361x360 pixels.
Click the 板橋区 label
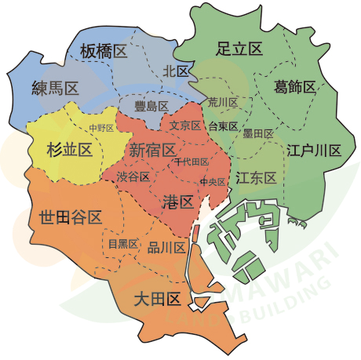pos(104,53)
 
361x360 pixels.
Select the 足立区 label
pos(239,49)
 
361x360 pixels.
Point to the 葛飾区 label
pos(295,86)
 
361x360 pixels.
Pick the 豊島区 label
pos(151,105)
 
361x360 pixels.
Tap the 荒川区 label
pos(223,103)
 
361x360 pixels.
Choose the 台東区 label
pos(223,125)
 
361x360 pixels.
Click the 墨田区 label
pos(257,133)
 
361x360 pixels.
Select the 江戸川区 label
pos(314,150)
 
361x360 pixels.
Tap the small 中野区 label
pos(101,128)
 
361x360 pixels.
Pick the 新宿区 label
pos(152,150)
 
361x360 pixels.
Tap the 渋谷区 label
pos(133,176)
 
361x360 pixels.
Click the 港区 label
pos(177,202)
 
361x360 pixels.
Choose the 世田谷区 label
pos(70,216)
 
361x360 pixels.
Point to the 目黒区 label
pos(123,244)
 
